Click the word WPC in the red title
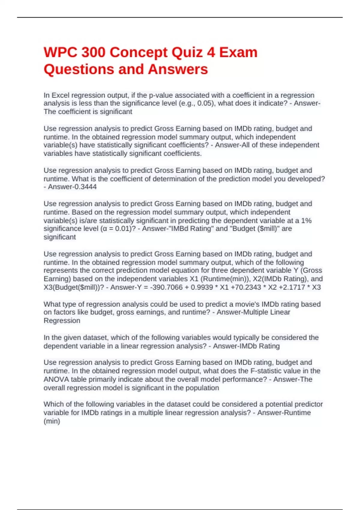pyautogui.click(x=60, y=52)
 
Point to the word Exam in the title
pyautogui.click(x=238, y=52)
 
